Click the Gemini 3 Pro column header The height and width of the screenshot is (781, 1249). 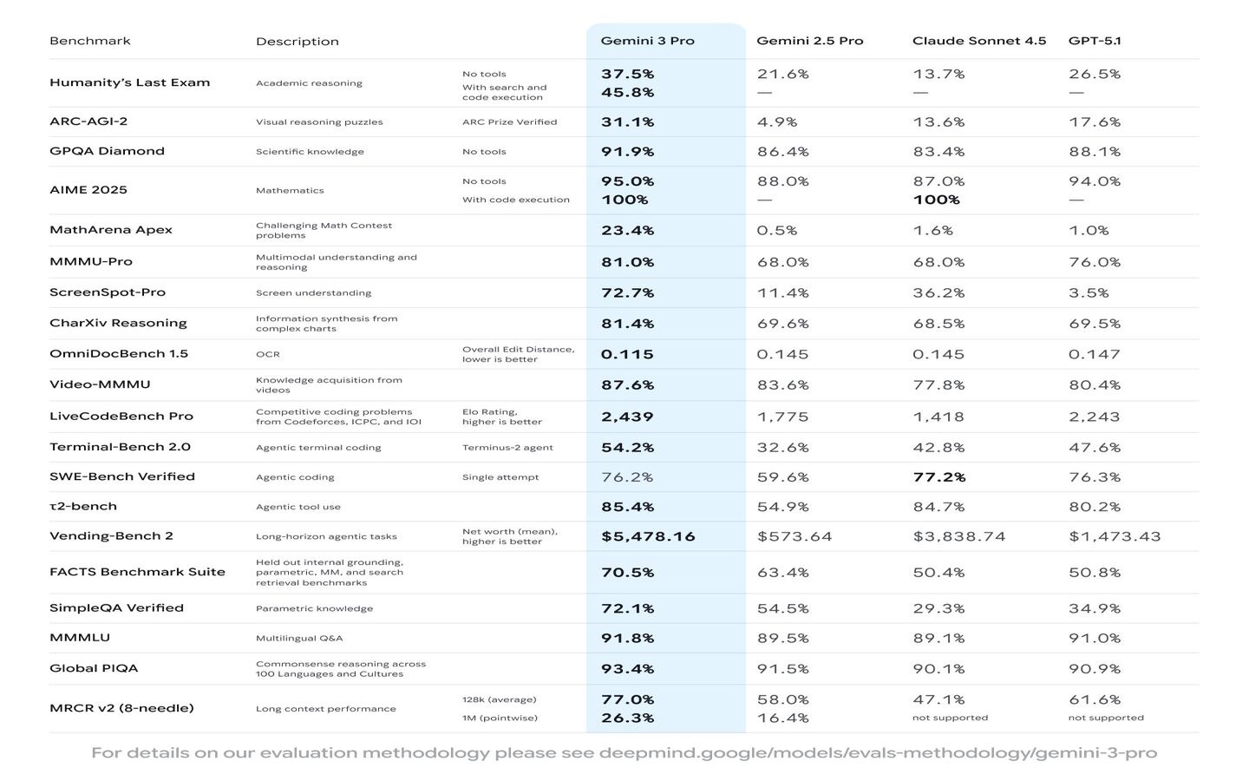point(647,41)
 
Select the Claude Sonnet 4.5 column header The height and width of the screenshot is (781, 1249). point(978,41)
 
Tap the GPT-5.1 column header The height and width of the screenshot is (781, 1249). point(1095,41)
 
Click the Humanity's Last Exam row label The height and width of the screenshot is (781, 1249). point(129,82)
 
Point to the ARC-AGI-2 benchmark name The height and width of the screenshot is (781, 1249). point(88,121)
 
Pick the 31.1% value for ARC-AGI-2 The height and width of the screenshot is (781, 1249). point(627,122)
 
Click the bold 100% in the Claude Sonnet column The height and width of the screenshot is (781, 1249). point(936,200)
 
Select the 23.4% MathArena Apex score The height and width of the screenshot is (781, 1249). point(627,231)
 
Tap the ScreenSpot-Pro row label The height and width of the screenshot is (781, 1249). point(108,292)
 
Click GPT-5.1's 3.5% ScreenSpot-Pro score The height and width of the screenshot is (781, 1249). point(1089,293)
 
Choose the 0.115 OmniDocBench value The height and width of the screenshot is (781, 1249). point(627,354)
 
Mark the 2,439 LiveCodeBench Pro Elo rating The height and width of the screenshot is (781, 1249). point(627,417)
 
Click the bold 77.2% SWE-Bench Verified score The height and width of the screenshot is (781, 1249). point(938,477)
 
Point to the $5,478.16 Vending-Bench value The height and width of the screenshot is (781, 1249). point(648,536)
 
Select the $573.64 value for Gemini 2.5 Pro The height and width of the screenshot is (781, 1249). point(794,536)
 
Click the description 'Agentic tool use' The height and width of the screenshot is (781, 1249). point(298,507)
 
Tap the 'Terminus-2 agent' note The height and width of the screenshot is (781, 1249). point(507,448)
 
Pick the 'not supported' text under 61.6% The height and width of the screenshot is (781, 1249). point(1105,718)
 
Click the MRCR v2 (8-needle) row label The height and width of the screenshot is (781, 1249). point(121,708)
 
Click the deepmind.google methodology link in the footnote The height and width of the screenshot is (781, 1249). point(878,752)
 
